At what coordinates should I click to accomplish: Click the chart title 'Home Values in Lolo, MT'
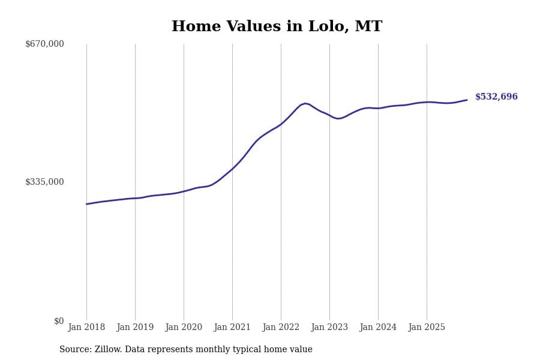pyautogui.click(x=277, y=27)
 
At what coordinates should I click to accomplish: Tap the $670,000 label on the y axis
pyautogui.click(x=44, y=44)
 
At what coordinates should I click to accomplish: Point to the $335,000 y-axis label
pyautogui.click(x=44, y=182)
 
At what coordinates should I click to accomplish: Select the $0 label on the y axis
pyautogui.click(x=59, y=321)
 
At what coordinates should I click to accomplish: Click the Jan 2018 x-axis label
pyautogui.click(x=86, y=328)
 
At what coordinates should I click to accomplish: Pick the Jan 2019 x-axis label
pyautogui.click(x=135, y=328)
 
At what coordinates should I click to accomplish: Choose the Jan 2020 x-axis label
pyautogui.click(x=184, y=328)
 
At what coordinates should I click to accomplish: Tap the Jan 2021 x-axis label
pyautogui.click(x=232, y=328)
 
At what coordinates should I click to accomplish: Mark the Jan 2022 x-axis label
pyautogui.click(x=281, y=328)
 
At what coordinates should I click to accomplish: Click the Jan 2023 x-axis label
pyautogui.click(x=329, y=328)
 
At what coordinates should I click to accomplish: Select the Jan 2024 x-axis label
pyautogui.click(x=378, y=328)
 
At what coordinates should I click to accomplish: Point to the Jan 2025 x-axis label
pyautogui.click(x=427, y=328)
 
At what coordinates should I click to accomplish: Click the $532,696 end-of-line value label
pyautogui.click(x=496, y=97)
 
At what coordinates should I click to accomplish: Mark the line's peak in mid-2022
pyautogui.click(x=305, y=103)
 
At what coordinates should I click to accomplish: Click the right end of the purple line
pyautogui.click(x=467, y=100)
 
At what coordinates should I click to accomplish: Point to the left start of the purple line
pyautogui.click(x=86, y=204)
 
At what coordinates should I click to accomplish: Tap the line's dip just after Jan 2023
pyautogui.click(x=338, y=118)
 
